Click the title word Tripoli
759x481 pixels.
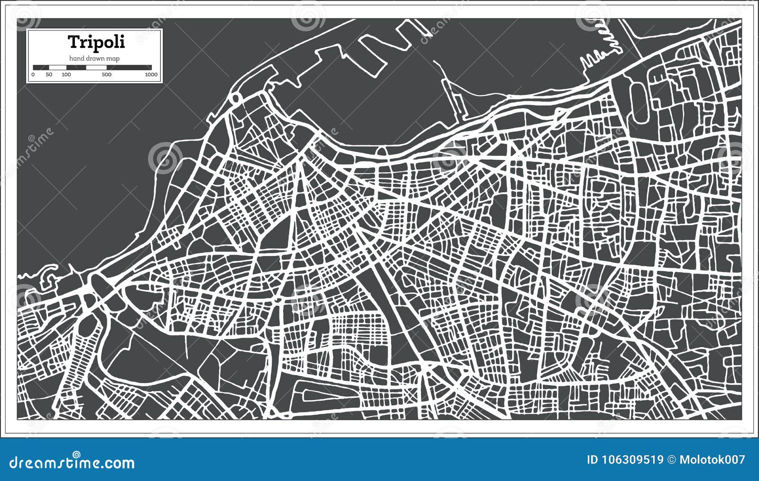(96, 42)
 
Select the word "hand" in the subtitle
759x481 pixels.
(77, 58)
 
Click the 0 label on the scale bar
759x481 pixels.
(33, 75)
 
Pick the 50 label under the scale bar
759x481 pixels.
(49, 75)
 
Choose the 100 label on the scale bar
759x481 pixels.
(66, 75)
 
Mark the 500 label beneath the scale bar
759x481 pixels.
(107, 75)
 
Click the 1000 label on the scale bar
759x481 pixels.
(151, 75)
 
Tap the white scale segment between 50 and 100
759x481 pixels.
(57, 67)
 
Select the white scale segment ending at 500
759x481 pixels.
(96, 67)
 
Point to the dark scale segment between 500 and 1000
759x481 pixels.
(129, 67)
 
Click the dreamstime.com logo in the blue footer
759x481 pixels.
(72, 462)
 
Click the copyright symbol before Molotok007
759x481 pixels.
(671, 460)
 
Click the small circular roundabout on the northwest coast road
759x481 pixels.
(235, 99)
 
